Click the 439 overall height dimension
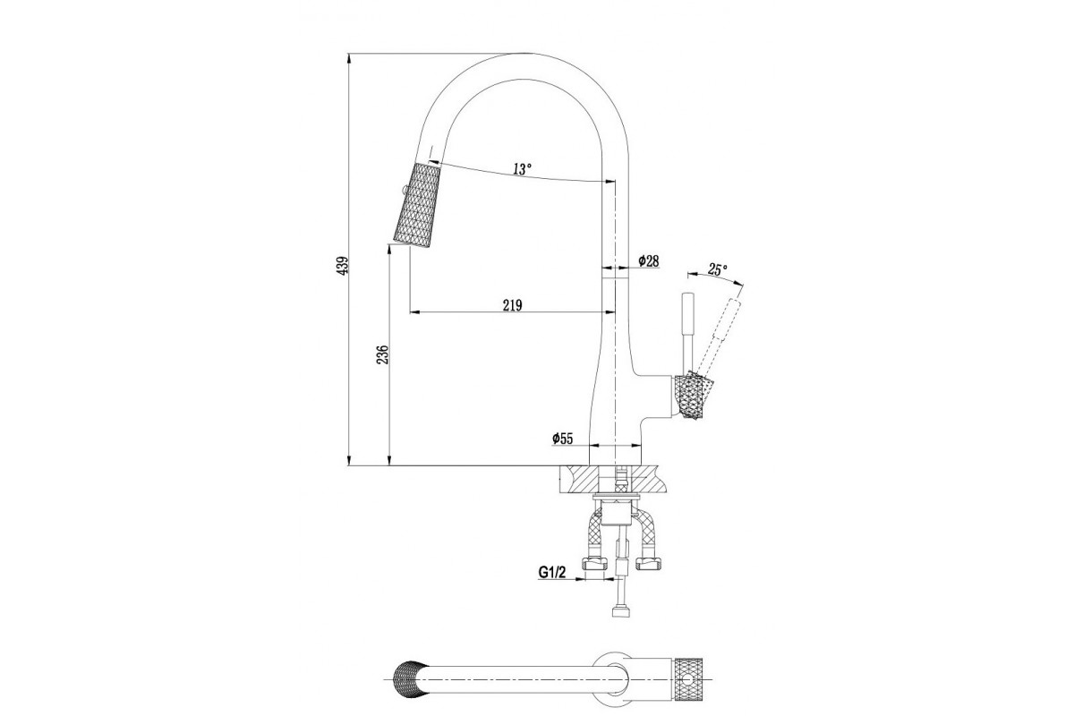click(x=342, y=265)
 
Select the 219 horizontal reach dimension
click(x=512, y=305)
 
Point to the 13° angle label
click(x=522, y=169)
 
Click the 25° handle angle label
click(x=717, y=269)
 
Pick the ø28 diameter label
click(x=648, y=260)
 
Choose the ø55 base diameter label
click(x=562, y=439)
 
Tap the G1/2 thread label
click(x=552, y=572)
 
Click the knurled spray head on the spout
click(x=417, y=205)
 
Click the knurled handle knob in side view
click(x=694, y=395)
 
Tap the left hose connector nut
click(x=593, y=564)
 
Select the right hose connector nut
click(x=649, y=564)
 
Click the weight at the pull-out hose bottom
click(x=622, y=613)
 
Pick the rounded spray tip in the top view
click(x=406, y=680)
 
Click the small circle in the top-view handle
click(x=689, y=680)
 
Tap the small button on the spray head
click(x=405, y=189)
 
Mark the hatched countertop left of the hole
click(x=579, y=480)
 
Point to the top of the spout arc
click(x=524, y=54)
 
